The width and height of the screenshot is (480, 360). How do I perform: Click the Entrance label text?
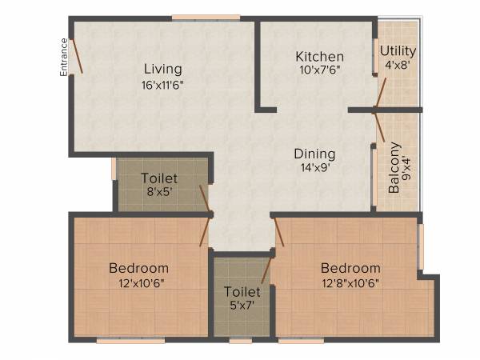[63, 56]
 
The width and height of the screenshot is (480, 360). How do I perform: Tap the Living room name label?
[163, 69]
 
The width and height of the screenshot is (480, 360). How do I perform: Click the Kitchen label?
[320, 57]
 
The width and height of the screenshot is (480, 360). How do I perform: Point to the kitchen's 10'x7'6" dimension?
[320, 70]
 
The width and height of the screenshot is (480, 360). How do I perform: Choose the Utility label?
[398, 52]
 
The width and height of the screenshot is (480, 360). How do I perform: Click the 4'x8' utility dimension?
[398, 66]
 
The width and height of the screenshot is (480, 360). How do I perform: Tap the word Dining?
[314, 154]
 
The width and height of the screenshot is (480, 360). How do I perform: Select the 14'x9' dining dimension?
[314, 168]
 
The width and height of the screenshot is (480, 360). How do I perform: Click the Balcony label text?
[394, 169]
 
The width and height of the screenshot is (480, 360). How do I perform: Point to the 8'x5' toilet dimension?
[159, 192]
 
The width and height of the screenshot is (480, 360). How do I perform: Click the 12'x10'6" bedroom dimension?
[138, 282]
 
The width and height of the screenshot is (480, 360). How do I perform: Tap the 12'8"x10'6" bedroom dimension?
[350, 282]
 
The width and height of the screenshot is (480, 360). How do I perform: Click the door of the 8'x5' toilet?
[206, 199]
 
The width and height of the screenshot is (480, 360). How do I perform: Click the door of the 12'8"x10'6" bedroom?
[279, 232]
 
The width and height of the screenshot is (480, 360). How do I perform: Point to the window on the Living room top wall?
[206, 17]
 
